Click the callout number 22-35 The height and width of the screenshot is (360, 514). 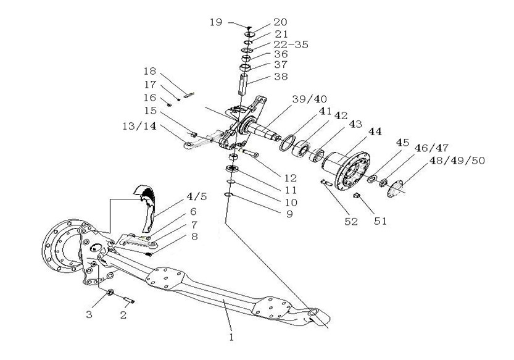point(291,44)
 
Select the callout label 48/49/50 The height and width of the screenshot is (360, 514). point(457,161)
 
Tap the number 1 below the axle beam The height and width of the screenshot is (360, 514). point(232,337)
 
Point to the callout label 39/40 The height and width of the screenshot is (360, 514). point(310,99)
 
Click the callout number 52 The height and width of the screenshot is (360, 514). point(350,222)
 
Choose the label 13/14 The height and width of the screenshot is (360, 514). point(139,126)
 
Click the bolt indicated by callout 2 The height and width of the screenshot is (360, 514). point(129,299)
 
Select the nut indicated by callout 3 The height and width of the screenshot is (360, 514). point(110,292)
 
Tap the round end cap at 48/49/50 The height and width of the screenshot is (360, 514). point(395,189)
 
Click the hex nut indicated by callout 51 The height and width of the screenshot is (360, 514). point(357,196)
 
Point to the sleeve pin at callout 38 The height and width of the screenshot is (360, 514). point(244,85)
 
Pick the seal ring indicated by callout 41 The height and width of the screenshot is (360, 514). point(286,143)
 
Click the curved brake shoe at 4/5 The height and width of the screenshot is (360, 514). point(147,207)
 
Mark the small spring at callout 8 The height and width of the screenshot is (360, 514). point(149,254)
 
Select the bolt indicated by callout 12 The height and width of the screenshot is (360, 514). point(249,153)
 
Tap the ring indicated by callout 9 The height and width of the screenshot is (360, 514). point(228,195)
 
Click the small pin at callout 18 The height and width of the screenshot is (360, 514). point(189,96)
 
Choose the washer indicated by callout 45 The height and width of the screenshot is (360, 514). point(371,179)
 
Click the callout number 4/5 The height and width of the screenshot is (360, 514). point(197,196)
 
